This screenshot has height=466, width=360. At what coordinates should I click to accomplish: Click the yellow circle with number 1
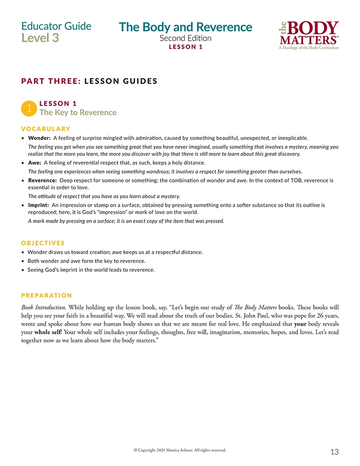point(29,108)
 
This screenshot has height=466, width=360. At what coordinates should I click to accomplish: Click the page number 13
point(334,452)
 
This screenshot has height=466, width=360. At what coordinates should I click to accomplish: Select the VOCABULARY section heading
point(46,129)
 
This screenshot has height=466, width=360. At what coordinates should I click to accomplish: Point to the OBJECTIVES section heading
point(43,242)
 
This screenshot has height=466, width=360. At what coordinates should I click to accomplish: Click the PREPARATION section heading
point(47,295)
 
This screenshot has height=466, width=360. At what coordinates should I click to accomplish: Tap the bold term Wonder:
point(39,138)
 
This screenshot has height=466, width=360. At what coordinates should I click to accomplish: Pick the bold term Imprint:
point(39,205)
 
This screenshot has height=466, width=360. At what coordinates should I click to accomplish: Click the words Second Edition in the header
point(185,38)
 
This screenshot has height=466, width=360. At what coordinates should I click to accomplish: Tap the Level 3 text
point(40,38)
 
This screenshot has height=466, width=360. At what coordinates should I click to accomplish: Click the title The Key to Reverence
point(78,112)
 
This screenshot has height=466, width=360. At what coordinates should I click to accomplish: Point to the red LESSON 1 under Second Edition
point(185,47)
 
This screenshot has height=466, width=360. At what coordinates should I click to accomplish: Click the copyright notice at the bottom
point(179,450)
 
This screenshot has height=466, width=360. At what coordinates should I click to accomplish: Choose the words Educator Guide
point(57,26)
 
